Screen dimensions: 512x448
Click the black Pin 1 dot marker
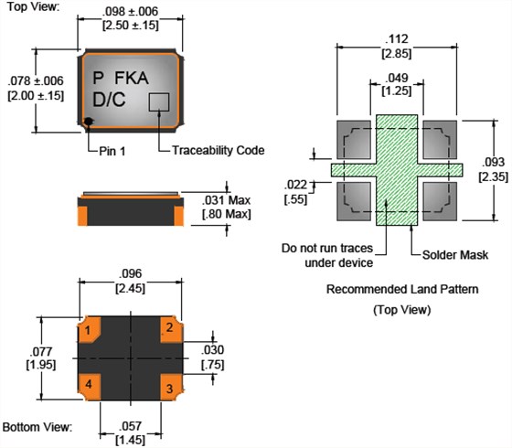click(x=88, y=122)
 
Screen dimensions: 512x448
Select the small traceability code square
click(x=159, y=102)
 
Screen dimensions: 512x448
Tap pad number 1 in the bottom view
click(x=90, y=329)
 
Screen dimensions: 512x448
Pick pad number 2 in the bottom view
click(x=172, y=329)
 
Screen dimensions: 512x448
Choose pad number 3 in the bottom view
click(x=172, y=387)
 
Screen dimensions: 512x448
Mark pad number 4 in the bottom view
click(x=90, y=387)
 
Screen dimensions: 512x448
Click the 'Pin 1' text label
click(x=112, y=151)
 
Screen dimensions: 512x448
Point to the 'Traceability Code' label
click(x=219, y=150)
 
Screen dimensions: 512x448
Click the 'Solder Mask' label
click(x=455, y=255)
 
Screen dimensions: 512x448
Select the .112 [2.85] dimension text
click(x=397, y=46)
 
